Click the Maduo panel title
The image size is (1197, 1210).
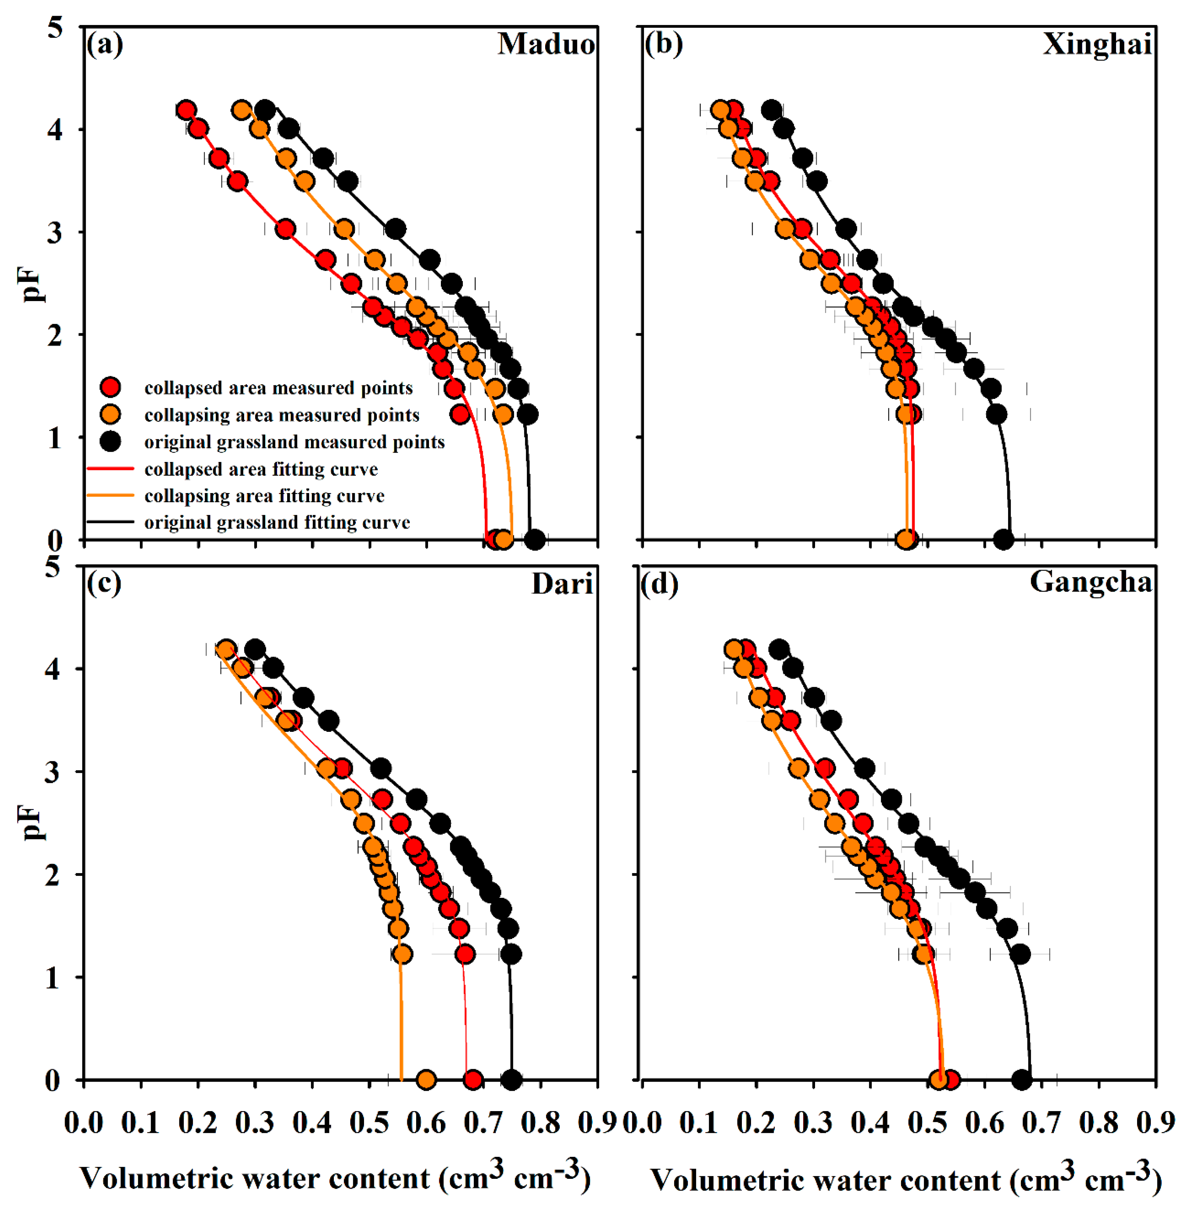click(546, 44)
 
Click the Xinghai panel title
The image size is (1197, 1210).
click(1097, 44)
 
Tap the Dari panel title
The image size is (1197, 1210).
click(562, 584)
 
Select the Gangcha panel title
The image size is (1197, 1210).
click(1091, 582)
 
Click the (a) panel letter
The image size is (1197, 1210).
click(105, 44)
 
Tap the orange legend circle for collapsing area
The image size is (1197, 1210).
click(111, 415)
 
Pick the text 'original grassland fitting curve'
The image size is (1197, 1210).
click(277, 522)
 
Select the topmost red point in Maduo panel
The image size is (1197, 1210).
click(186, 110)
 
